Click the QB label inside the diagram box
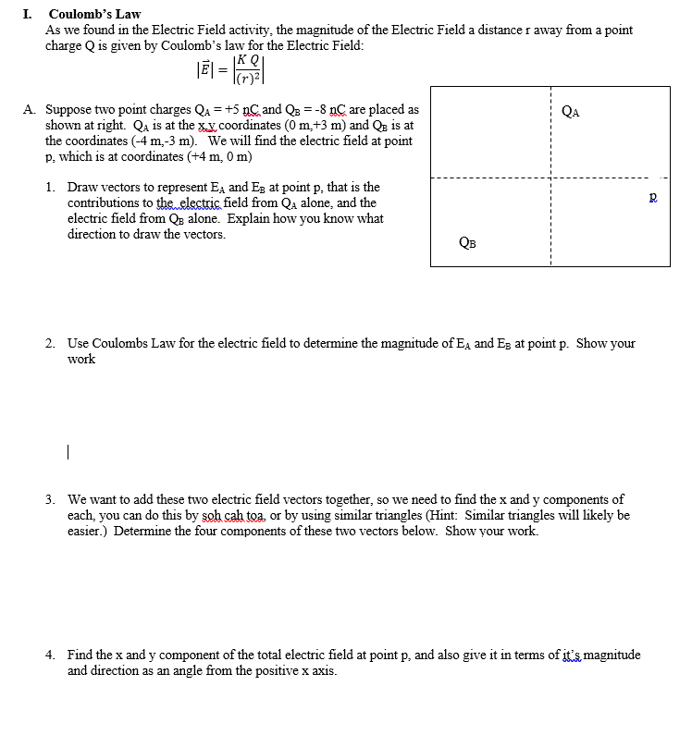pyautogui.click(x=468, y=243)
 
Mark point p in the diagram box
pyautogui.click(x=653, y=198)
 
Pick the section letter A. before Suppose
pyautogui.click(x=30, y=110)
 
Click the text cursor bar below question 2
pyautogui.click(x=68, y=453)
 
